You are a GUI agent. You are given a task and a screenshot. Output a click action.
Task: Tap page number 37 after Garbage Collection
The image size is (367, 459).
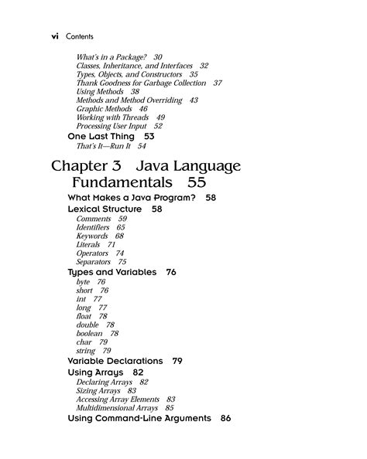218,83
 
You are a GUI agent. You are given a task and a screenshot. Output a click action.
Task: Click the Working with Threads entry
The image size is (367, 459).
111,117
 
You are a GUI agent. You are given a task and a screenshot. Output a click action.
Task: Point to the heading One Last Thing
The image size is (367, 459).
100,136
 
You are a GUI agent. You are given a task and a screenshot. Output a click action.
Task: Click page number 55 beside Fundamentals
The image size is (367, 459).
196,184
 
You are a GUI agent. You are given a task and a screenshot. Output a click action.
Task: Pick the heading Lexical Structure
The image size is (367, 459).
105,209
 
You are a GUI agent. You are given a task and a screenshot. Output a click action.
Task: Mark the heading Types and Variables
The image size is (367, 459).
112,273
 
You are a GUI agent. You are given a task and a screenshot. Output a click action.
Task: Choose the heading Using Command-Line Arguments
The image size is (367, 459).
139,418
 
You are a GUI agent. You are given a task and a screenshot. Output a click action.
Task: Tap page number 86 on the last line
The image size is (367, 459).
225,418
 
